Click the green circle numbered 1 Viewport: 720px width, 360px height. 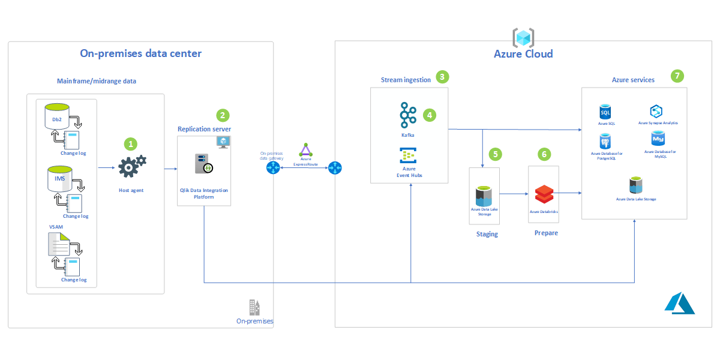[130, 144]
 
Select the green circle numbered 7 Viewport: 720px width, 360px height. [677, 76]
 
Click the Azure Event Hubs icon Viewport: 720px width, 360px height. [408, 156]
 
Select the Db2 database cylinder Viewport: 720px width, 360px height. [57, 116]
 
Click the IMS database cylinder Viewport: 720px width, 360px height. [59, 179]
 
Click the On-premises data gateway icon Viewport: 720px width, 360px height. [274, 168]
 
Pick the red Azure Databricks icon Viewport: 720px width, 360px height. [544, 194]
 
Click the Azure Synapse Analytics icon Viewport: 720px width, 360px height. [655, 111]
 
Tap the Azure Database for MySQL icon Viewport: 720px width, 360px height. [658, 139]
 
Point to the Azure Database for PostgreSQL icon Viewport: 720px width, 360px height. [605, 142]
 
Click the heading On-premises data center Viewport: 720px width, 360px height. [141, 53]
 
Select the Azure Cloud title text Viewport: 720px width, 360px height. [523, 54]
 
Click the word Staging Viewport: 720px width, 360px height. [487, 234]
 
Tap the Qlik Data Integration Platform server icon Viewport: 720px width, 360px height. [202, 164]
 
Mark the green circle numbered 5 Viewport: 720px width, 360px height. [495, 154]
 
